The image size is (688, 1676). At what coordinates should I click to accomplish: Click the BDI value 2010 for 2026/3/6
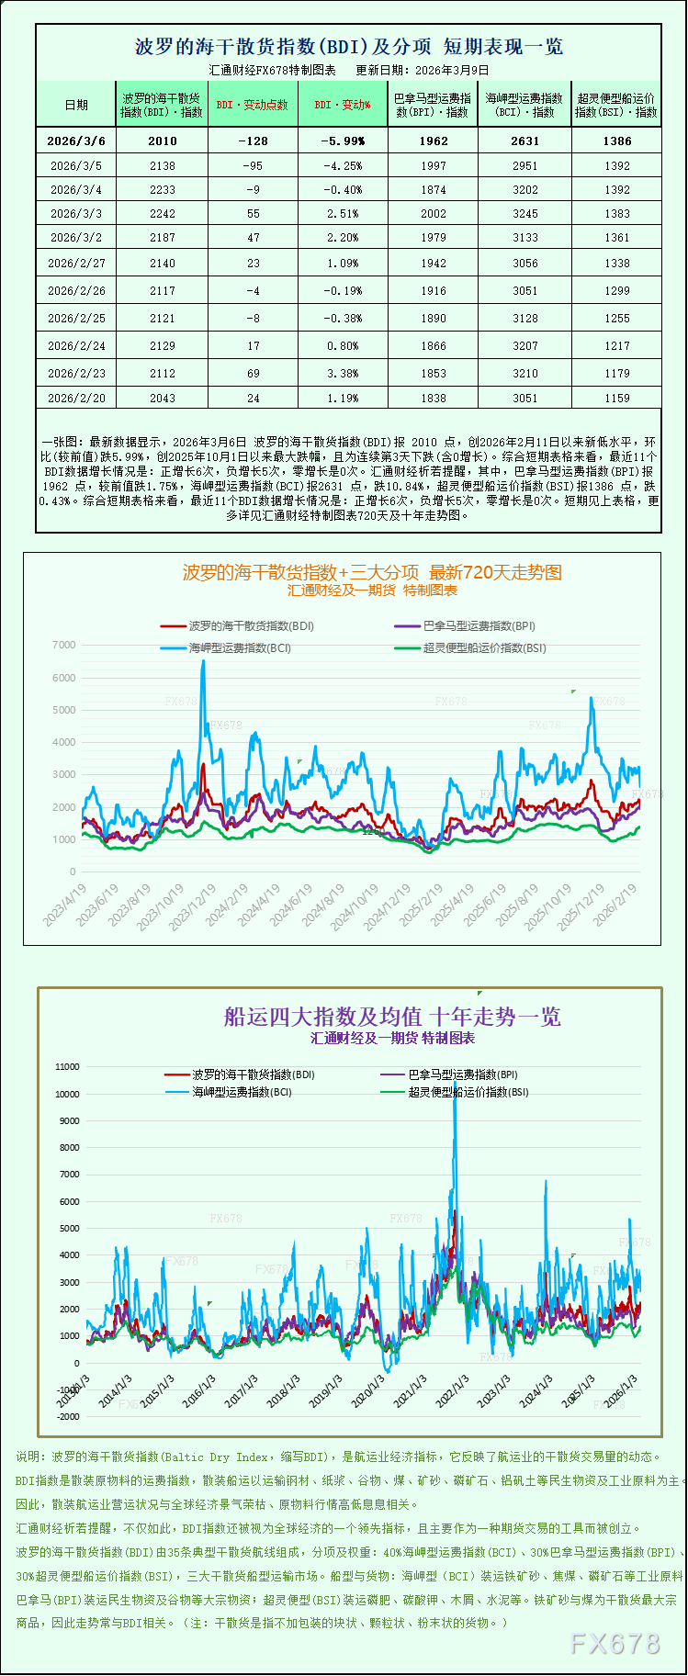[162, 141]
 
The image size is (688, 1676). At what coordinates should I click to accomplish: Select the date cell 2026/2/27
[76, 263]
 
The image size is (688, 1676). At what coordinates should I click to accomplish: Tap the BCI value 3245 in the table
[524, 213]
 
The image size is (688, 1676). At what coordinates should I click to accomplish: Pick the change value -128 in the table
[253, 141]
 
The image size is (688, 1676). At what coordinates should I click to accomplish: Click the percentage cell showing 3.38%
[343, 373]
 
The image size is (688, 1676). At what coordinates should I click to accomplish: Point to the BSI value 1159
[617, 398]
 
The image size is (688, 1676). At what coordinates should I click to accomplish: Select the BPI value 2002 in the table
[434, 213]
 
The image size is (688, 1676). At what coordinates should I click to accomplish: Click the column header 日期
[76, 105]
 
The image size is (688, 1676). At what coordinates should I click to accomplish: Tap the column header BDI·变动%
[343, 105]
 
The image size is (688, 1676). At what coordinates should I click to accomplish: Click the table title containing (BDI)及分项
[349, 46]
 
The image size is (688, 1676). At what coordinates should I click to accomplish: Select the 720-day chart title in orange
[372, 572]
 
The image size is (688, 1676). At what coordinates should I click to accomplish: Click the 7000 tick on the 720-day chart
[64, 645]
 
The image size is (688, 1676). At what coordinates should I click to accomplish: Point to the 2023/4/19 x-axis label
[65, 905]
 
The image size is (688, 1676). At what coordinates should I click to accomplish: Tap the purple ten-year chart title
[392, 1017]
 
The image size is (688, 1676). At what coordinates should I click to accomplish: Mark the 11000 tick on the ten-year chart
[68, 1067]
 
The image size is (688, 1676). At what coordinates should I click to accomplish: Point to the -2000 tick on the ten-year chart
[68, 1417]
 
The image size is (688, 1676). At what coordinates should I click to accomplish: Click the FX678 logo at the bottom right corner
[615, 1644]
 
